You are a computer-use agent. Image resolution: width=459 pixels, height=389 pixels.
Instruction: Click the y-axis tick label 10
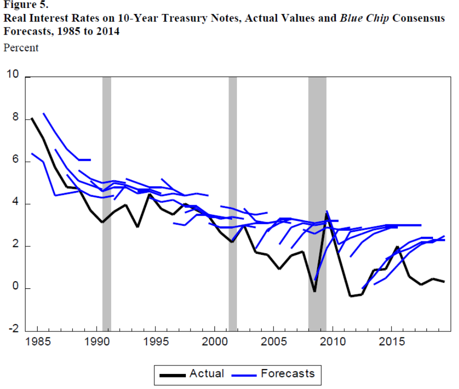click(12, 75)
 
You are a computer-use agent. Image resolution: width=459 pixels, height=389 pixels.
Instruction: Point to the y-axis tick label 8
click(15, 119)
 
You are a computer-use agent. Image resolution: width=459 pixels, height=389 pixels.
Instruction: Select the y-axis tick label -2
click(13, 330)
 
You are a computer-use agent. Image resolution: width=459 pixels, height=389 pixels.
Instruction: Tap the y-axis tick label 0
click(15, 288)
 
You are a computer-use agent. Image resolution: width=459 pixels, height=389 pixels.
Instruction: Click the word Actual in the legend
click(206, 373)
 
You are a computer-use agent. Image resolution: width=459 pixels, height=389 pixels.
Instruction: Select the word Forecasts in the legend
click(288, 373)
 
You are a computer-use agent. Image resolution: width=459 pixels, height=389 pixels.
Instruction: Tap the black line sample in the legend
click(172, 374)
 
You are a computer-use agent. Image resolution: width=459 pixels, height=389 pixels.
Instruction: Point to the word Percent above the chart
click(21, 48)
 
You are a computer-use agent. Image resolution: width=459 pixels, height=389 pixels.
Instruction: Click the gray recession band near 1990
click(107, 200)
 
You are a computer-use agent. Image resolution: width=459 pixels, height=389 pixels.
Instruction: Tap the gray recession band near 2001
click(233, 200)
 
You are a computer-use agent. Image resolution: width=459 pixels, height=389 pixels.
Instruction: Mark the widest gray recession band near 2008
click(317, 200)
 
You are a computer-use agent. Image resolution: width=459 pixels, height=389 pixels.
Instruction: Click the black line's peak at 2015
click(397, 247)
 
